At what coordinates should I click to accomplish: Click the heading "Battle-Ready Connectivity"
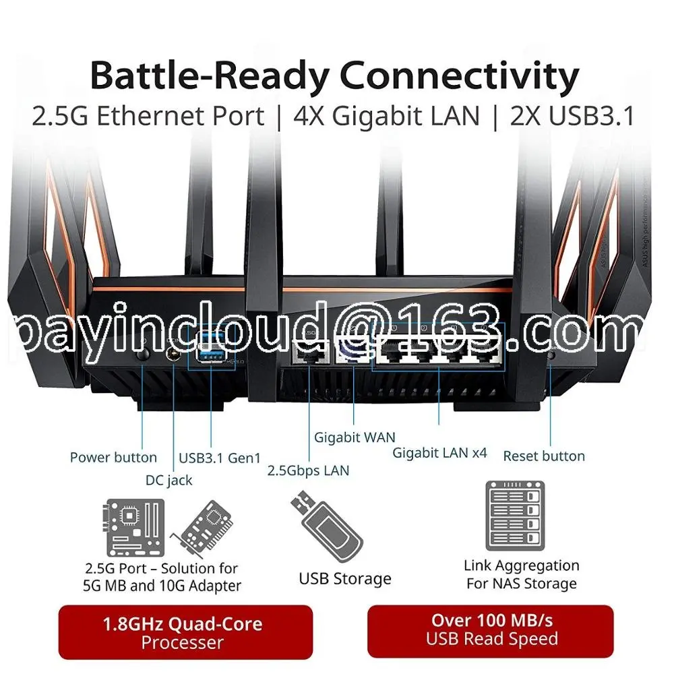pos(334,76)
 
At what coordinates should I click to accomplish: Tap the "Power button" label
pos(113,458)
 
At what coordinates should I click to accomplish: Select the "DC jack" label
pos(169,481)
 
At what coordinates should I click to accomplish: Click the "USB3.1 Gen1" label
pos(220,458)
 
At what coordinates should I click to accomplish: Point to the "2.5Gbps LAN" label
pos(309,470)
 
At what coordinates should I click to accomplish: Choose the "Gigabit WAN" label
pos(355,437)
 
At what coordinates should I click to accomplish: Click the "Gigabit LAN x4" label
pos(439,453)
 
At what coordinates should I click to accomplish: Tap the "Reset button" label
pos(544,456)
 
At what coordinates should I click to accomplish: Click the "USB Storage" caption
pos(345,579)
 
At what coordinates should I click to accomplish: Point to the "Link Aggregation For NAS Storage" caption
pos(522,574)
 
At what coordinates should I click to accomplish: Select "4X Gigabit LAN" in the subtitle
pos(386,117)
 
